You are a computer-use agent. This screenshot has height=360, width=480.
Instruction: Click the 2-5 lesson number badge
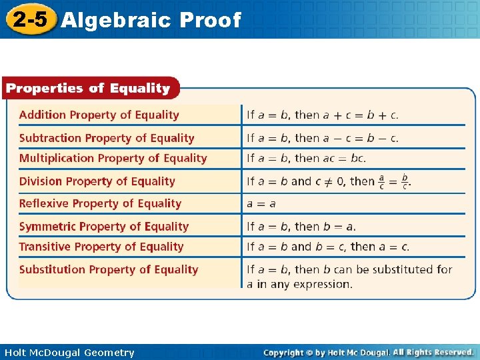29,19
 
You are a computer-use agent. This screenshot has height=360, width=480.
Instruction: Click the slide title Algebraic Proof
150,20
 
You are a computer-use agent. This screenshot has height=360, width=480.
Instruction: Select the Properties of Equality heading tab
88,88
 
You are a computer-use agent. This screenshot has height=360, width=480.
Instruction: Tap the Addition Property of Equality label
99,115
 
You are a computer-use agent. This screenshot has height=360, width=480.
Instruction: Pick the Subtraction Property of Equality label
107,138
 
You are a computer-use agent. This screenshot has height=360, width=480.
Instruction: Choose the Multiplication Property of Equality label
113,158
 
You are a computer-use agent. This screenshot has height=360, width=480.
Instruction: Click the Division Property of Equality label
97,181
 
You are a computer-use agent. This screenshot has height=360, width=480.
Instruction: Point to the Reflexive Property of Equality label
100,203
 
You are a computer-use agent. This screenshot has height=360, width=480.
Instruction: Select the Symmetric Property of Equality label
104,227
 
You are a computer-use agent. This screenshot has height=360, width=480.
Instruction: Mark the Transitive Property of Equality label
101,247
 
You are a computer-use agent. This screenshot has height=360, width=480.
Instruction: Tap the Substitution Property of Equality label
109,269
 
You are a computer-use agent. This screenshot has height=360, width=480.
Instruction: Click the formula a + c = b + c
361,115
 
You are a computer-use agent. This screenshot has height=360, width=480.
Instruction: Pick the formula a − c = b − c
361,138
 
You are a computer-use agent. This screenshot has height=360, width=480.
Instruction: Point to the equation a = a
261,203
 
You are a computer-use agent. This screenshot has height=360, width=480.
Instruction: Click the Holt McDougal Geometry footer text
69,353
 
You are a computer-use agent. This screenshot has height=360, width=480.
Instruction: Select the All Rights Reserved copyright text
433,352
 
